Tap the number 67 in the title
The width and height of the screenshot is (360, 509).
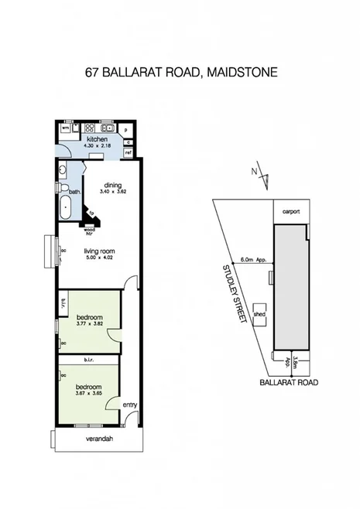92,73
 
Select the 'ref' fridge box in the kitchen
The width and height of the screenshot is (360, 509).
128,153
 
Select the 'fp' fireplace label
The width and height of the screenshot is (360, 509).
91,212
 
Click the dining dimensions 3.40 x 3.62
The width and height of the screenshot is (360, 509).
113,192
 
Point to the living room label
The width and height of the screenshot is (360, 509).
99,251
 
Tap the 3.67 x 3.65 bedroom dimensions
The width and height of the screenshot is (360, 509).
87,393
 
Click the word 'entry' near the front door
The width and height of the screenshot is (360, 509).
129,404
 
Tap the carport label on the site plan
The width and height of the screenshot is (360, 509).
291,210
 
